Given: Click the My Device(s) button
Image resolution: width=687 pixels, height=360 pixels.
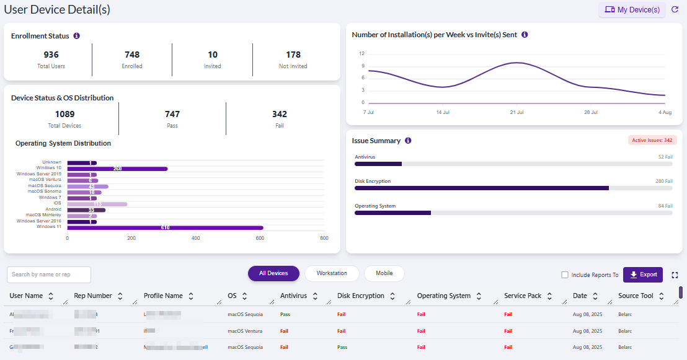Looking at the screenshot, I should (x=632, y=10).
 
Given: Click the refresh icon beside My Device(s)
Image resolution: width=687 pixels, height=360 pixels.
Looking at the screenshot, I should (x=675, y=10).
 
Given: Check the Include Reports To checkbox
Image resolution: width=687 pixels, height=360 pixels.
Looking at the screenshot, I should (x=564, y=275).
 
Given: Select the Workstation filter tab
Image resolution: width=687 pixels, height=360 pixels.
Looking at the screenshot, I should (x=332, y=273).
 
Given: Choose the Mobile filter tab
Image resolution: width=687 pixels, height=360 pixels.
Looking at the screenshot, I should (x=384, y=273).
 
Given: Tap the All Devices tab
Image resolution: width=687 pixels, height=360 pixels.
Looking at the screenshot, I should (x=273, y=273).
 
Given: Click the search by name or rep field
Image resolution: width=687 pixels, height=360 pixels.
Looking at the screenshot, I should (x=49, y=274).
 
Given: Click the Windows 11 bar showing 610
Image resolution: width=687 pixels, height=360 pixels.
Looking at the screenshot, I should (x=165, y=227).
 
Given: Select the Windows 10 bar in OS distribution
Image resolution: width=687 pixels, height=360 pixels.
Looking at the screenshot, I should (x=117, y=168).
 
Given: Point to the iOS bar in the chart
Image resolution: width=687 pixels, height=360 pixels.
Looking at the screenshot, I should (x=97, y=204).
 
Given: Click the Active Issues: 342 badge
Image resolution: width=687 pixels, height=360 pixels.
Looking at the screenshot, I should (x=652, y=141).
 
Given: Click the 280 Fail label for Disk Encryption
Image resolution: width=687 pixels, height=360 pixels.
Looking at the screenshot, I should (x=663, y=182).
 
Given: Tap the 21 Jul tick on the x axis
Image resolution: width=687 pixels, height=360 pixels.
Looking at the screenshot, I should (x=516, y=112).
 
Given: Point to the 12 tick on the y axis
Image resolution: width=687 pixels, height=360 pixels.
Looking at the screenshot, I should (x=361, y=53).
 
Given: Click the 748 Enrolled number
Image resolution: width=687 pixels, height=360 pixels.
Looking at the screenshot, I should (x=131, y=55).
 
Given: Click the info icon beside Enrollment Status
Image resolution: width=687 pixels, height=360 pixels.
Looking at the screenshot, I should (x=76, y=36).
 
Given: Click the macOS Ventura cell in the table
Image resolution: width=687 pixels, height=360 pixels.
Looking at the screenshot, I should (x=245, y=331).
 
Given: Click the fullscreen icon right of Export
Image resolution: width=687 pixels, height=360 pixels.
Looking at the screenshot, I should (x=675, y=275).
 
